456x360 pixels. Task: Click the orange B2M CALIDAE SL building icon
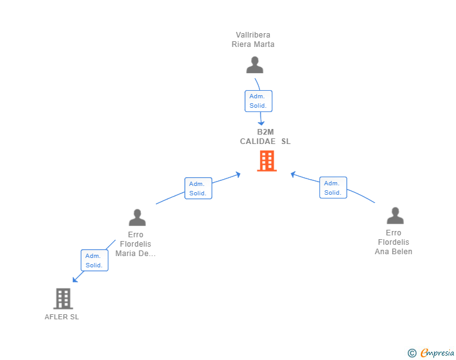point(266,161)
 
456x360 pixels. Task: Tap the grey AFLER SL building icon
point(63,299)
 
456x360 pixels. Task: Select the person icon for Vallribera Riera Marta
point(254,65)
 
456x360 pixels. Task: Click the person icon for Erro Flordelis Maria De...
point(137,217)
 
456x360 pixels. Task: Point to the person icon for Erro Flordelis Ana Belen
point(395,216)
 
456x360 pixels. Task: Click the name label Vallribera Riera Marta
point(253,39)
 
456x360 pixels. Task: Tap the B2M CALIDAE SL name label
point(265,136)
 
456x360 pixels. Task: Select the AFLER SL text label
point(62,317)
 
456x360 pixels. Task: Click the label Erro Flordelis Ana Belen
point(393,242)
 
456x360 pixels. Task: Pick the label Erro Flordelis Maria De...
point(135,244)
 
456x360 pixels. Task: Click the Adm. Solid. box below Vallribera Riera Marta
point(258,101)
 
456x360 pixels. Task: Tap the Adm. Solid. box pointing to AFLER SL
point(94,260)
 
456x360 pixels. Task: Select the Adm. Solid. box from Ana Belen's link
point(333,188)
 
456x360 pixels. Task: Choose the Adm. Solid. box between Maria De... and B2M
point(198,188)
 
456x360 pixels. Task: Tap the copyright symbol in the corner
point(412,353)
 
